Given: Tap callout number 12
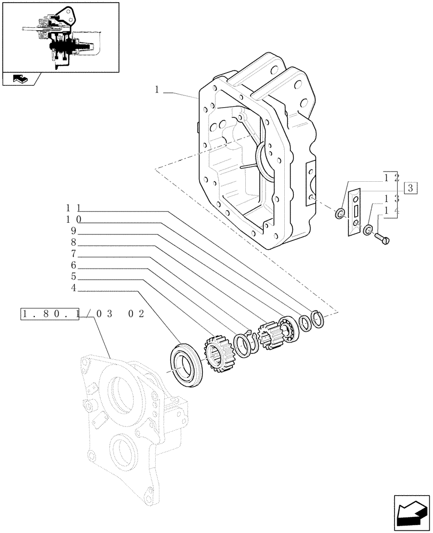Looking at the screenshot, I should click(391, 178).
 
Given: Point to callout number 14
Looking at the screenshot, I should click(391, 211).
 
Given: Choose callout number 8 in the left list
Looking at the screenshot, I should click(74, 242).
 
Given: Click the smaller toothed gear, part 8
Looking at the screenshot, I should click(269, 335).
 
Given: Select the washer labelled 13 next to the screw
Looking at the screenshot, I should click(367, 231).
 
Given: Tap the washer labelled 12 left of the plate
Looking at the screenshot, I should click(339, 215).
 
